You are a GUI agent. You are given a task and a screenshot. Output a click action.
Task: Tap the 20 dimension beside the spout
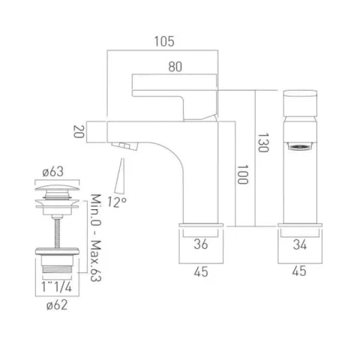(77, 133)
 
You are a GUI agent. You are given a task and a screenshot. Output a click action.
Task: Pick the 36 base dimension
(201, 243)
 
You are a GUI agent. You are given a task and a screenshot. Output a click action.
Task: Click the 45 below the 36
(201, 274)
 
